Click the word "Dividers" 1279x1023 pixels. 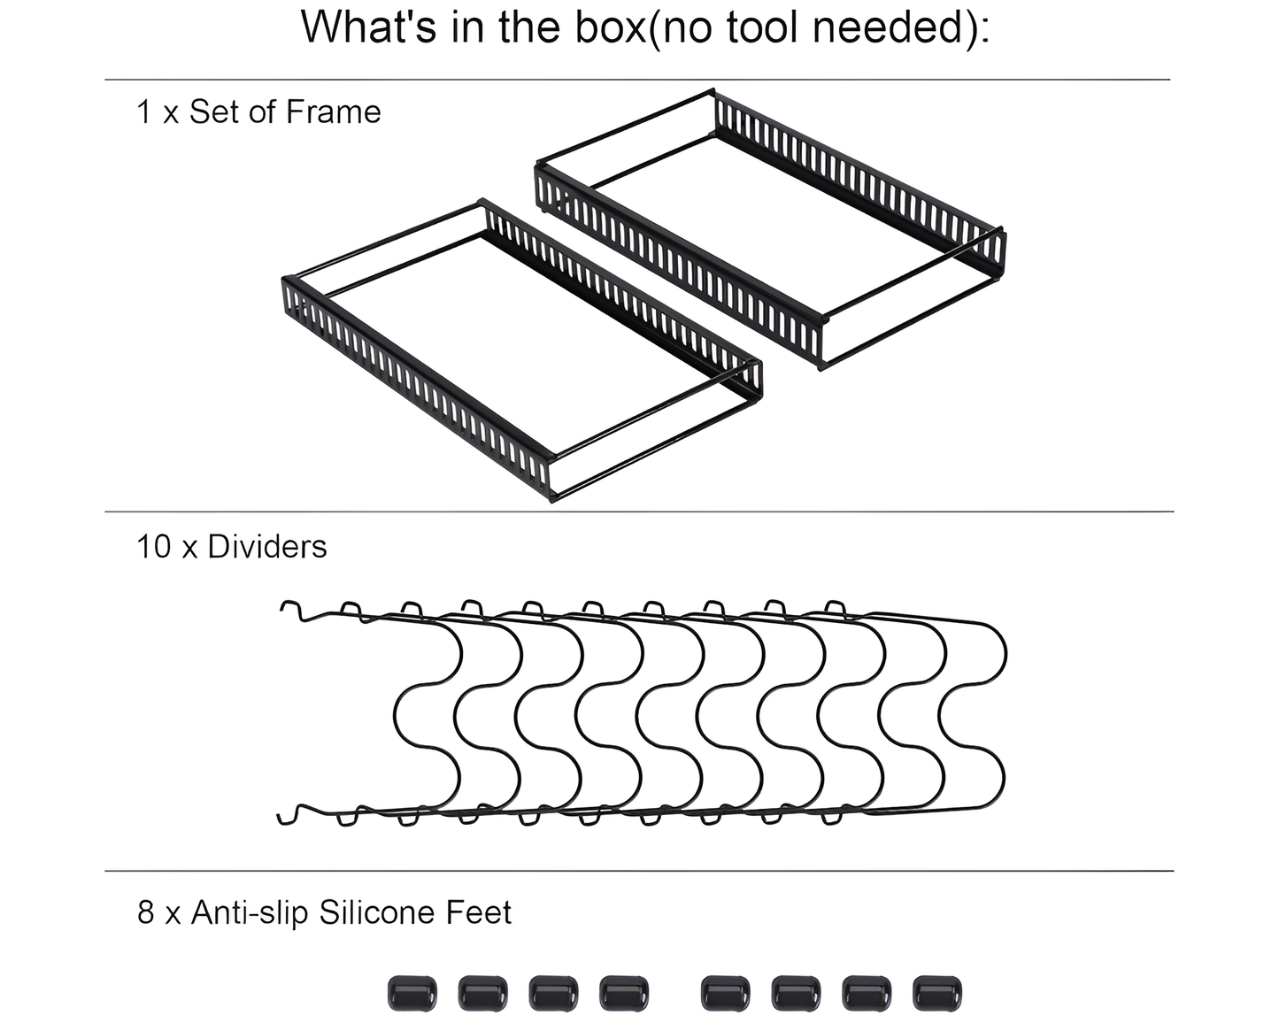[266, 547]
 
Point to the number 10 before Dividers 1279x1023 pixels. [153, 547]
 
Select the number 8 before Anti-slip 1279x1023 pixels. [146, 912]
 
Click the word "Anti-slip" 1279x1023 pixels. [250, 912]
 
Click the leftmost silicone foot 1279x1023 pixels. [412, 993]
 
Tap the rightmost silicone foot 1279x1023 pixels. [936, 993]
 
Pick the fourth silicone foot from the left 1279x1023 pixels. [624, 993]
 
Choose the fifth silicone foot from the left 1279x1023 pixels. [725, 993]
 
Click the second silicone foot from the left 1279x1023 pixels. [482, 993]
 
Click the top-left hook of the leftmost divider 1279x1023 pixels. [290, 610]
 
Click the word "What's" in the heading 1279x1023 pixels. [369, 27]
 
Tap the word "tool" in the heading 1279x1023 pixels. [764, 27]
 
